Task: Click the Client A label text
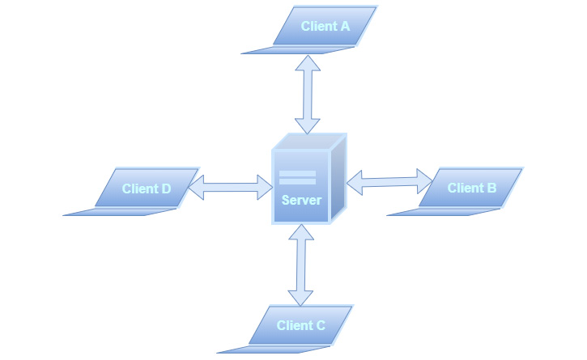(x=325, y=26)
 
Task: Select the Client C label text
(x=300, y=325)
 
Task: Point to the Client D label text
(x=147, y=188)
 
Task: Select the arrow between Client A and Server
(x=308, y=94)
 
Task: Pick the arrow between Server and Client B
(x=389, y=179)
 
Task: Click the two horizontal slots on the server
(x=297, y=179)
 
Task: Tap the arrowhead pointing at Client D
(x=197, y=189)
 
